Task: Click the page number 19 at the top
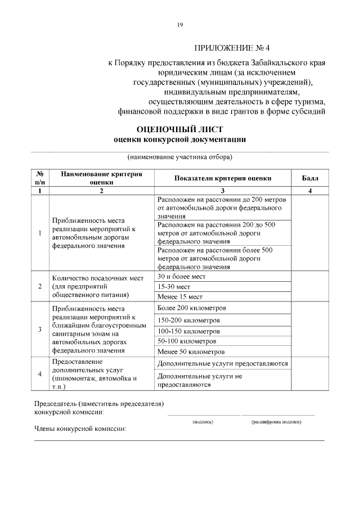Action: [179, 24]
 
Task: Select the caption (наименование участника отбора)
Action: [179, 156]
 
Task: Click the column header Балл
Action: [309, 178]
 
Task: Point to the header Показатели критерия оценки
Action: [223, 178]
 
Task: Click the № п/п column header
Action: [40, 178]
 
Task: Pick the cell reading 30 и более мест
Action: [182, 276]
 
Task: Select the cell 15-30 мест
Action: [174, 286]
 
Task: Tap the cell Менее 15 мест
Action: [179, 296]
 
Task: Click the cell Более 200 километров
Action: [192, 308]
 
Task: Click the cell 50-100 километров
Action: [186, 341]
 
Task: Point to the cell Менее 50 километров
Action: [191, 352]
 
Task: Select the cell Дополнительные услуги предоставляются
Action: [223, 363]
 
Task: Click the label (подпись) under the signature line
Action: [202, 421]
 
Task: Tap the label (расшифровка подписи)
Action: [276, 421]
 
